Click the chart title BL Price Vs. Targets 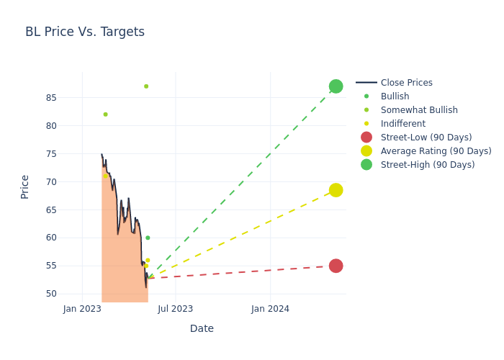(85, 32)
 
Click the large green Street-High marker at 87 (336, 86)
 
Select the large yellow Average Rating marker (336, 190)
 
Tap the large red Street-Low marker (336, 266)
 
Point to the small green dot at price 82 (105, 114)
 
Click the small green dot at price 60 (148, 238)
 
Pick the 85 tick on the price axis (50, 98)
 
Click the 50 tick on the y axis (50, 294)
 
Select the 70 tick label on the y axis (50, 181)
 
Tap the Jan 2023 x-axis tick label (82, 309)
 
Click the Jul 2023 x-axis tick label (175, 309)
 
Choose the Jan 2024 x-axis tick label (271, 309)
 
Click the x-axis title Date (202, 328)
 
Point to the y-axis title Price (25, 186)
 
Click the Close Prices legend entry (406, 83)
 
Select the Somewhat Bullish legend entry (419, 110)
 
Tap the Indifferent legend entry (402, 124)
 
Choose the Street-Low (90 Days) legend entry (426, 138)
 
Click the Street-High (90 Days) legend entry (427, 165)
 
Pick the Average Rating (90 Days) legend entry (436, 151)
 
